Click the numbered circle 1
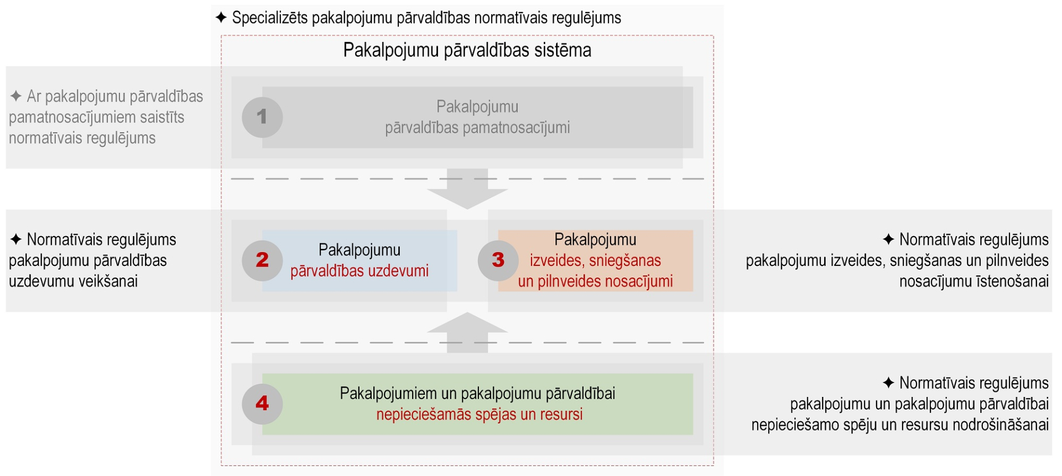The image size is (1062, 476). [262, 117]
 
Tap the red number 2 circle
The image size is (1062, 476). [262, 260]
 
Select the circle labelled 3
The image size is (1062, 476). [498, 260]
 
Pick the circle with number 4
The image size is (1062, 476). [262, 404]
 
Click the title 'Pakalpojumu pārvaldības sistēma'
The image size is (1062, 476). [467, 50]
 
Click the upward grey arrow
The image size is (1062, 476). [467, 332]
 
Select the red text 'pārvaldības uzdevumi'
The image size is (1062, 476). [360, 271]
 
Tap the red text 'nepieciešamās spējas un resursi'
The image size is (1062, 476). [480, 415]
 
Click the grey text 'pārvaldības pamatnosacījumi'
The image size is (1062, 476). [477, 128]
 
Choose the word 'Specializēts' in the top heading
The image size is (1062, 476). [270, 18]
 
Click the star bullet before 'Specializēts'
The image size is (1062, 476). [221, 18]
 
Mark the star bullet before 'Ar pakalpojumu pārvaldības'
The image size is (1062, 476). [16, 96]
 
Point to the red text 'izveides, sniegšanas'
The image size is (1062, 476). [595, 260]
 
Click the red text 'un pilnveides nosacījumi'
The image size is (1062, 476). [595, 281]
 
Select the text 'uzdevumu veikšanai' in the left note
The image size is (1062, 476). [73, 281]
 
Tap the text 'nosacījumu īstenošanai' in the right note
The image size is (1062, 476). [974, 281]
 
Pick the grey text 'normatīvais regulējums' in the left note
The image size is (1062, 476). [82, 138]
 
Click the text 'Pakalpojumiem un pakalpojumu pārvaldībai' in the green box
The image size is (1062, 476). [477, 394]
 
